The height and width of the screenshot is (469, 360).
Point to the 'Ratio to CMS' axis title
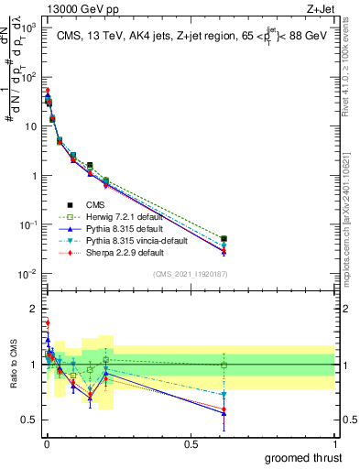(12, 365)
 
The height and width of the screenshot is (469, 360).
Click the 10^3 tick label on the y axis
(27, 27)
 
